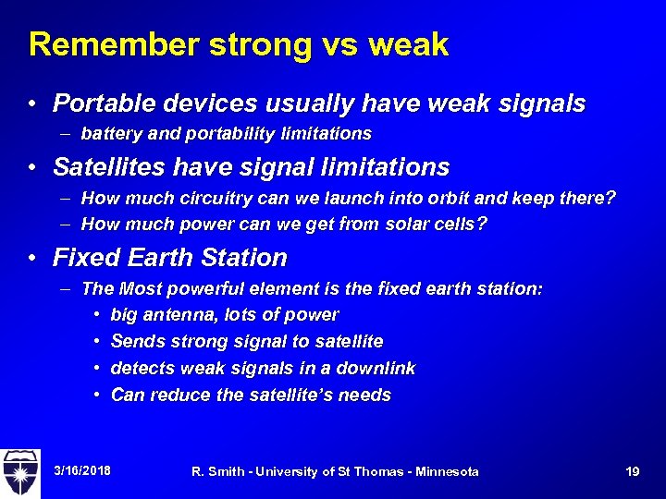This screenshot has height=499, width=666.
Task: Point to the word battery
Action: click(x=109, y=134)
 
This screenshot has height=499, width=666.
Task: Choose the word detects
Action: click(x=141, y=369)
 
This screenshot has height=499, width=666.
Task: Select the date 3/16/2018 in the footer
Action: click(x=82, y=471)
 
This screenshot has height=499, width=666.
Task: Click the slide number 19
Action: click(x=633, y=471)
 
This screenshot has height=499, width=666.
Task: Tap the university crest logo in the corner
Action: click(x=21, y=472)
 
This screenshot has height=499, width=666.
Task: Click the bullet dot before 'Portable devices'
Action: click(x=31, y=104)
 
